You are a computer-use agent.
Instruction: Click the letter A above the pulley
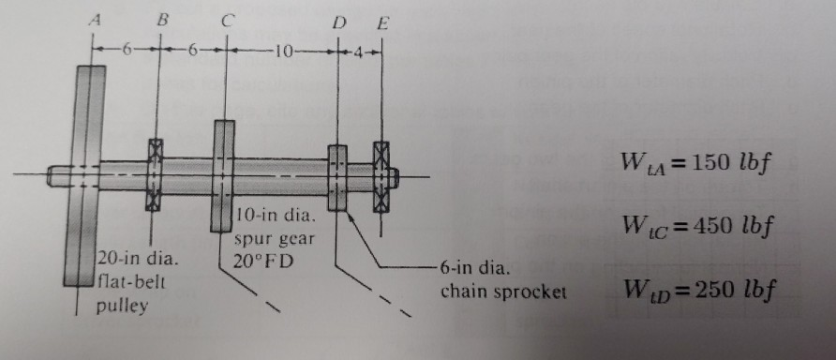coord(93,15)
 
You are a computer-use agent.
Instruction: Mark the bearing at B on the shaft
coord(155,175)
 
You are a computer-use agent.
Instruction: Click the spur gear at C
coord(224,169)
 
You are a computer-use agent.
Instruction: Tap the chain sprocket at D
coord(337,176)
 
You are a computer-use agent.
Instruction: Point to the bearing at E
coord(381,176)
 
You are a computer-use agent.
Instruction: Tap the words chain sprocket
coord(504,292)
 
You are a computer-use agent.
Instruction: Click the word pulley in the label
coord(118,307)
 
